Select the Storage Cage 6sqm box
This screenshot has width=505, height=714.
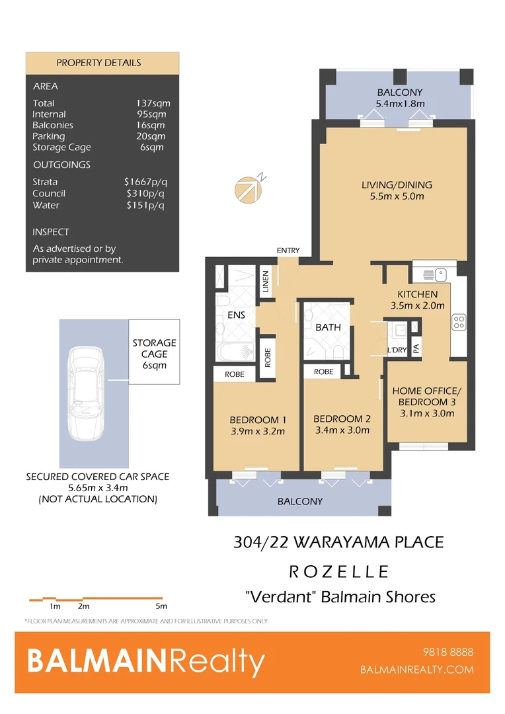(x=154, y=354)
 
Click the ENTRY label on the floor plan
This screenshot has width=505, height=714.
(x=288, y=251)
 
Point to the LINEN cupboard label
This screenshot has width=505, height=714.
(x=266, y=281)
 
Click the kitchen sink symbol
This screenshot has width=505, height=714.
(x=436, y=272)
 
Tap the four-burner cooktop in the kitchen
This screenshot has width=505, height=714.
(x=458, y=323)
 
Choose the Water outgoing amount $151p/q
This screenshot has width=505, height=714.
(x=145, y=205)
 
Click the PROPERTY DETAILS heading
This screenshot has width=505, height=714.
(x=98, y=63)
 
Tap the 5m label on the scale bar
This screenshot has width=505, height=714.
(x=161, y=606)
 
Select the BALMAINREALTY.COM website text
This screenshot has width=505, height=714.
(x=416, y=670)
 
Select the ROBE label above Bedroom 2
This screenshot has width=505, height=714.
(x=323, y=372)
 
